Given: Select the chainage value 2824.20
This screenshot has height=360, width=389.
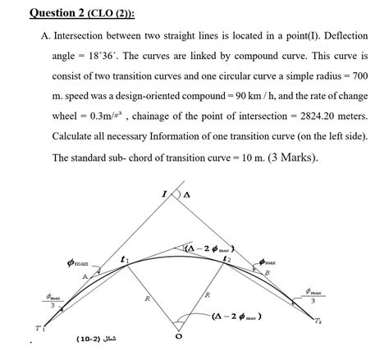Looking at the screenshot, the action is [x=315, y=116].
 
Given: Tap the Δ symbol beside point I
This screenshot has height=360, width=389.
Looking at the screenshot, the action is [x=186, y=195].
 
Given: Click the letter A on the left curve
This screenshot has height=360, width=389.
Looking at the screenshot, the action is [x=85, y=277].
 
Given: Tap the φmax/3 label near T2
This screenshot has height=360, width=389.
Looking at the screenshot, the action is [x=316, y=294].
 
